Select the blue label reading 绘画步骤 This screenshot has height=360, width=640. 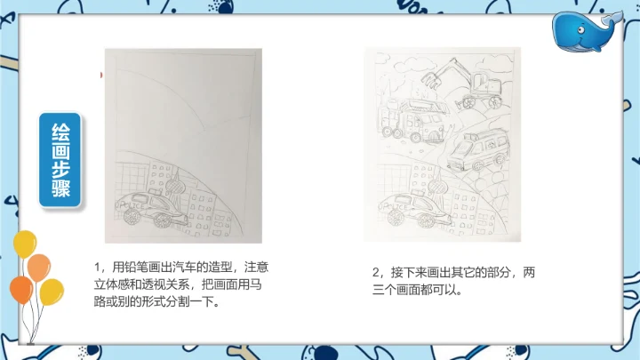click(60, 160)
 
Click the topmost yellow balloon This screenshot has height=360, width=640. click(25, 244)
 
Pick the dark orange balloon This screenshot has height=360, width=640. click(21, 290)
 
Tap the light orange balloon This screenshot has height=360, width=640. click(39, 268)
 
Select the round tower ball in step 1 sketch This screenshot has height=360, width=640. click(175, 187)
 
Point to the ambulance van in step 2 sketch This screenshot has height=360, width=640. click(478, 150)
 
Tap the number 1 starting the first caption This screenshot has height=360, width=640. click(97, 268)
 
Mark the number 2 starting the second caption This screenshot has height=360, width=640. click(375, 272)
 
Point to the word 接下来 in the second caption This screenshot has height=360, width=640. click(404, 272)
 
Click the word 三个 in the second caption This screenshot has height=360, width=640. click(381, 290)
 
